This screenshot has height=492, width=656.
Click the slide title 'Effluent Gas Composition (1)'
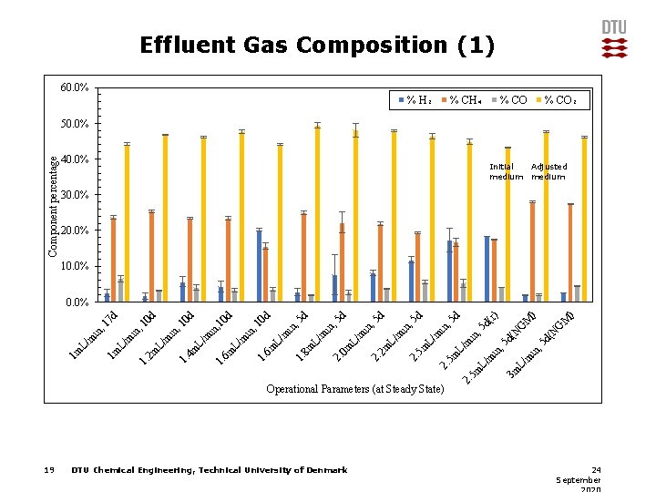coord(317,45)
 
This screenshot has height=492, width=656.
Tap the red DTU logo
coord(614,39)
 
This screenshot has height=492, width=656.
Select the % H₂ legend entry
coord(415,99)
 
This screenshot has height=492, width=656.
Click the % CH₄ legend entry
coord(462,99)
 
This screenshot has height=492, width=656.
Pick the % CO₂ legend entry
coord(560,99)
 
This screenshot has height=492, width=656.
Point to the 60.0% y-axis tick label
coord(75,87)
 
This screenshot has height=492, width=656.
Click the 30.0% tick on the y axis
coord(75,195)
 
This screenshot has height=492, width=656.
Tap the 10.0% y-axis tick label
coord(75,266)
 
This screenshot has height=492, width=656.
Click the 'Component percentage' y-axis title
coord(54,205)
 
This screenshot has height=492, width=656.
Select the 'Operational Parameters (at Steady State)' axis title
coord(355,389)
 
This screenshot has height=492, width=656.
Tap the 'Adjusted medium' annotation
coord(548,171)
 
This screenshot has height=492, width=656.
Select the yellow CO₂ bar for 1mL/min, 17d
coord(127,222)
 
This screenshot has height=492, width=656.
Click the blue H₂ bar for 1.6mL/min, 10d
coord(259,265)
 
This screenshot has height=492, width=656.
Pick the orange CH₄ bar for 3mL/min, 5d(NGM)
coord(570,252)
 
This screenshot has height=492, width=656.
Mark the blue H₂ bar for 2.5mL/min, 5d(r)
coord(487,268)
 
